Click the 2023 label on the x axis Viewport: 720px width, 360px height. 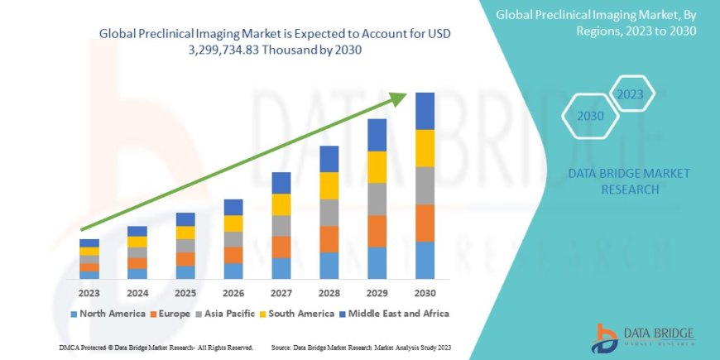point(89,293)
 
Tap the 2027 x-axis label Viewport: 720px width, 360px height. point(281,293)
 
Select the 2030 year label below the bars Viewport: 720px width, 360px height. point(425,293)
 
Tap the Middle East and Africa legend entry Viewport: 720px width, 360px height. point(394,314)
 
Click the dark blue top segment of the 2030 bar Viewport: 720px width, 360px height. point(425,111)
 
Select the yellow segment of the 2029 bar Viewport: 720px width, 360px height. point(377,167)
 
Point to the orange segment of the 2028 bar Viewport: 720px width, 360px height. point(329,239)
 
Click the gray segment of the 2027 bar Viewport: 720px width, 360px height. point(281,226)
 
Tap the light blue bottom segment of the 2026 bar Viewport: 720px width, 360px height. point(233,271)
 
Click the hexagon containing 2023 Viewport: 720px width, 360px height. point(630,94)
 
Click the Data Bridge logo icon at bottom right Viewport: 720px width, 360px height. point(608,335)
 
